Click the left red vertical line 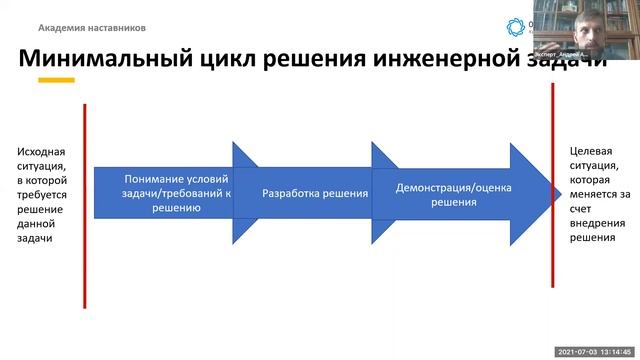pos(85,200)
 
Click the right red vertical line pos(552,200)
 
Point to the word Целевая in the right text pos(589,151)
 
